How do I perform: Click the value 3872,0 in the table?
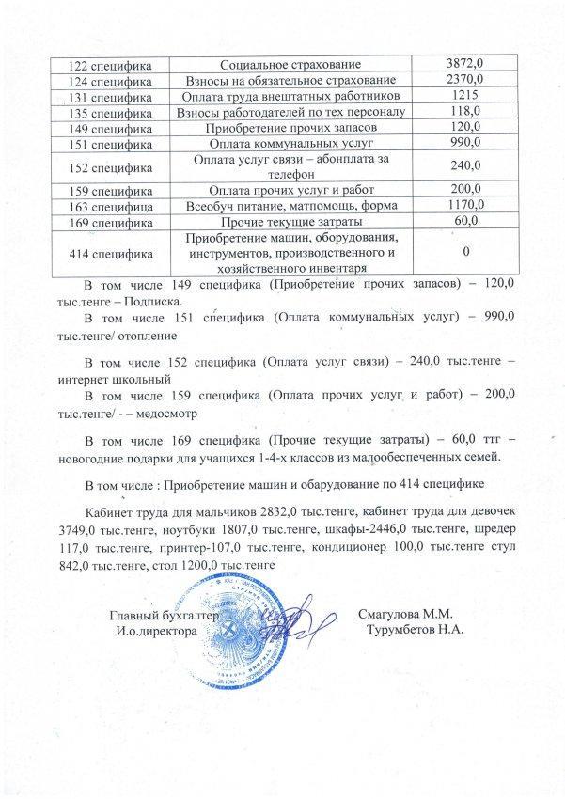click(466, 63)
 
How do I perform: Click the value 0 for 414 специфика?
click(466, 252)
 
